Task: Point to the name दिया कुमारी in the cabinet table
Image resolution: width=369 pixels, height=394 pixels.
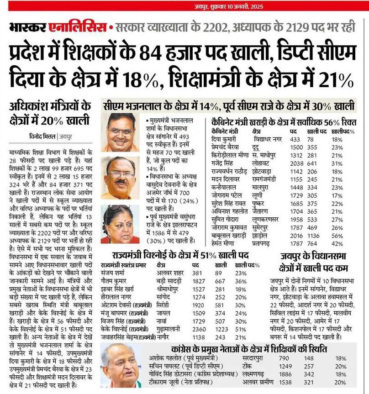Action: [x=224, y=138]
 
